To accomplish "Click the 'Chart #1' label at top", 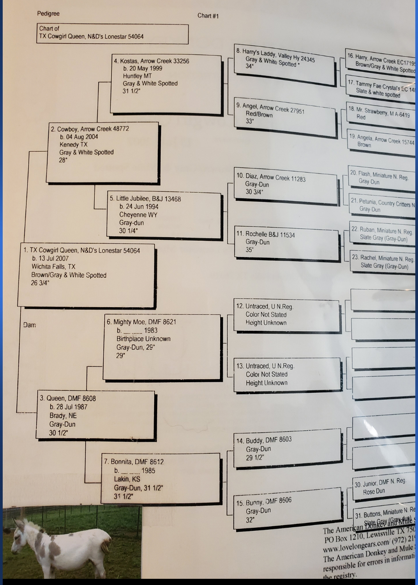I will tap(208, 16).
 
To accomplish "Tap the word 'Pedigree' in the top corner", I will tap(48, 14).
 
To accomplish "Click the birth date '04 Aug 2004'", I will tap(79, 137).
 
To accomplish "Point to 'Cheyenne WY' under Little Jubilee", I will tap(138, 215).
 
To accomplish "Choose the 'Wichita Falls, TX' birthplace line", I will tap(53, 267).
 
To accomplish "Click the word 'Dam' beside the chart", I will tap(29, 325).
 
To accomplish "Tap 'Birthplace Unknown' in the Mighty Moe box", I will tap(143, 339).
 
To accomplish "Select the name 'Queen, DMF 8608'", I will tap(68, 398).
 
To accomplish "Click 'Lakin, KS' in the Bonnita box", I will tap(127, 479).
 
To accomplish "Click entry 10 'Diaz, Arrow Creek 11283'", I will tap(271, 177).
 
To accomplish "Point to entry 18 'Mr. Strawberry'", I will tap(379, 112).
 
